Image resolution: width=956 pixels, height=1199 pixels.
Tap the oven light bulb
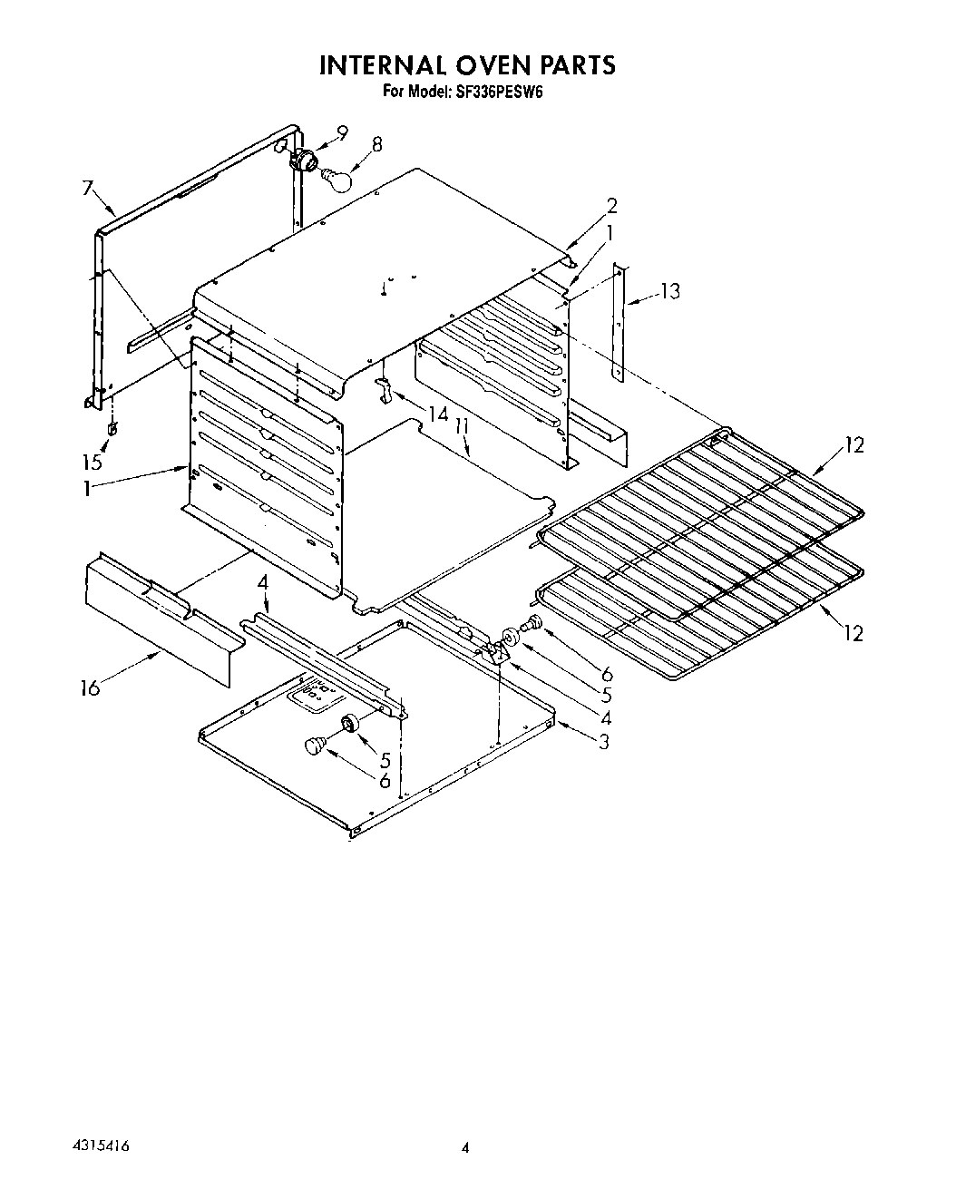pyautogui.click(x=337, y=180)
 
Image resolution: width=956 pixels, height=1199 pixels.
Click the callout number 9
pyautogui.click(x=341, y=132)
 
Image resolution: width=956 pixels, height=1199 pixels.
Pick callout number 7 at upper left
pyautogui.click(x=88, y=189)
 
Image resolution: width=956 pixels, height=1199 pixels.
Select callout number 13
pyautogui.click(x=669, y=291)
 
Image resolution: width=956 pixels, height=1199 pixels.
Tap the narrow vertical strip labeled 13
pyautogui.click(x=619, y=322)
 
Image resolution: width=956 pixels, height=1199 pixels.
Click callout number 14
pyautogui.click(x=438, y=414)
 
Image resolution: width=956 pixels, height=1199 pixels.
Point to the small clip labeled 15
pyautogui.click(x=111, y=428)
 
